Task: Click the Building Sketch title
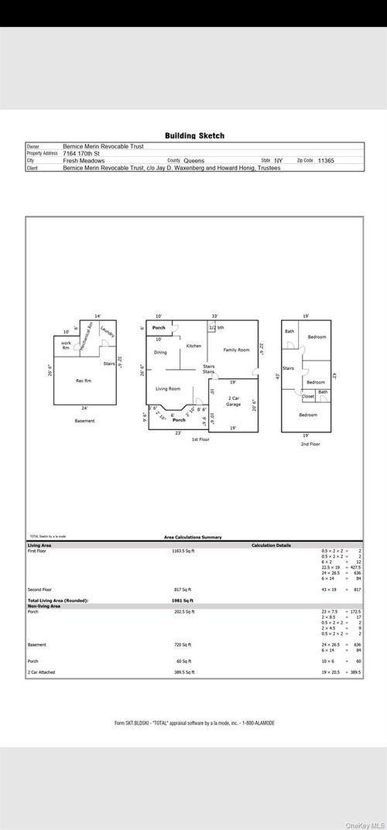[194, 135]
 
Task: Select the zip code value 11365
[326, 161]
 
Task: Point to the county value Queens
[194, 161]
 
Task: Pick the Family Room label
[237, 350]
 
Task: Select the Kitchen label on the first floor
[193, 346]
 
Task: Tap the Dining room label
[160, 353]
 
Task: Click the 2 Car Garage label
[233, 401]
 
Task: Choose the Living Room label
[168, 388]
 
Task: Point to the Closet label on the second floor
[308, 396]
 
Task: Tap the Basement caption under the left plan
[84, 421]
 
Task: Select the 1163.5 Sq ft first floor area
[183, 552]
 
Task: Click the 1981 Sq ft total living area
[183, 600]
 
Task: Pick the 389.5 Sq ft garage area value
[183, 672]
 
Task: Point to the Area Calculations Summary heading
[193, 537]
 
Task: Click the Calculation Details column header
[271, 545]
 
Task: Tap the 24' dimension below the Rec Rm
[84, 408]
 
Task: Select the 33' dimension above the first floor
[214, 316]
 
